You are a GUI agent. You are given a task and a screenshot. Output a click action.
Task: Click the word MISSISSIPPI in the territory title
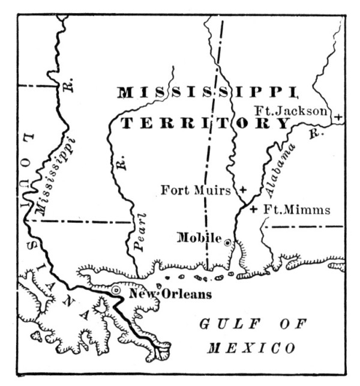[207, 92]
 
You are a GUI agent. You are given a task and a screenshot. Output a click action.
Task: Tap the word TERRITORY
[206, 123]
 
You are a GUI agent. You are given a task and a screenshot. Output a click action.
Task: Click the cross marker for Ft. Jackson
[338, 117]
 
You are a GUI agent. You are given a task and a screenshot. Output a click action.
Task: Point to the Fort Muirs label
[196, 191]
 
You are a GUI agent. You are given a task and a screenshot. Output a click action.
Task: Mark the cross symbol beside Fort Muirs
[242, 190]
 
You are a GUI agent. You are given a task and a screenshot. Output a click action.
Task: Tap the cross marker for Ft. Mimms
[253, 210]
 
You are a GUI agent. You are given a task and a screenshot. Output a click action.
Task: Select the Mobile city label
[199, 238]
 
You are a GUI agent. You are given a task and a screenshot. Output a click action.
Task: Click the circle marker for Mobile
[228, 243]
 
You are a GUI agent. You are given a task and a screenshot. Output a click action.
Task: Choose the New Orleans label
[170, 294]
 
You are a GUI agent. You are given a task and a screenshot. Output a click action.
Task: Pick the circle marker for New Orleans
[116, 290]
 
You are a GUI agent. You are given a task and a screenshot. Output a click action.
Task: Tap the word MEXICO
[251, 349]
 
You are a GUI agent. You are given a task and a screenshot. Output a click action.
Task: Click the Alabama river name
[279, 171]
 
